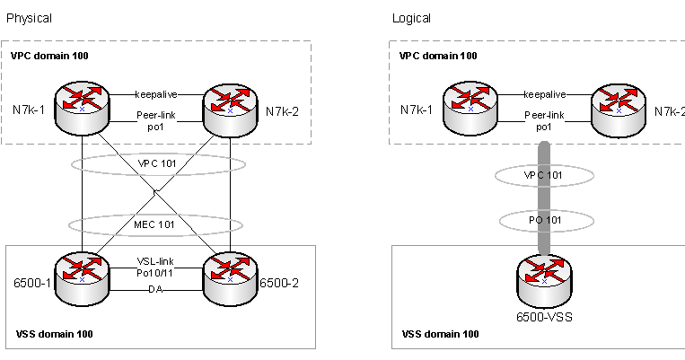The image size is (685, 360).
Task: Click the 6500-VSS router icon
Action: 544,279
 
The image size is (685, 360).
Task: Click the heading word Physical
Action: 30,18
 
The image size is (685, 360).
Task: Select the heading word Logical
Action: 412,18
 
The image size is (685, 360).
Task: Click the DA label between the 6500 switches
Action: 155,288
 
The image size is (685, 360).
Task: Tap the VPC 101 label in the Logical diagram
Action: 545,176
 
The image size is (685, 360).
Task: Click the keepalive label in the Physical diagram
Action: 157,93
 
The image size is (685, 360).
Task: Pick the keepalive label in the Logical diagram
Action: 545,93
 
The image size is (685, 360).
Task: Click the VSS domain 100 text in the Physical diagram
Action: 55,334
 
